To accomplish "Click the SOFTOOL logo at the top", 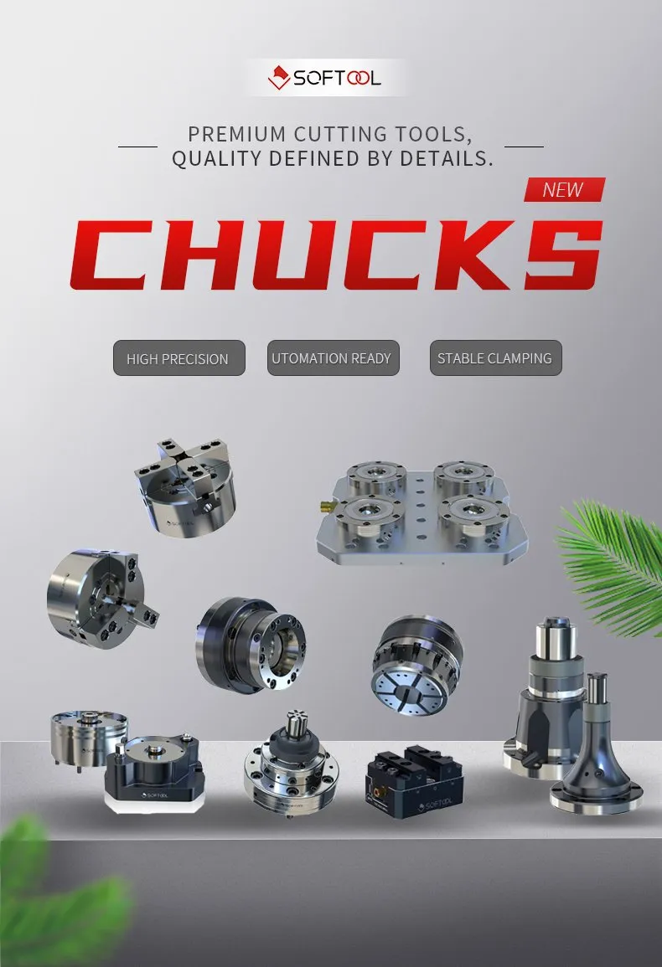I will coord(325,79).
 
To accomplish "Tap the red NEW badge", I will coord(564,189).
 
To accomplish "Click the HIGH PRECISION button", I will coord(178,358).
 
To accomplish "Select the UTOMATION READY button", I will coord(331,357).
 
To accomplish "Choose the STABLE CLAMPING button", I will coord(494,357).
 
